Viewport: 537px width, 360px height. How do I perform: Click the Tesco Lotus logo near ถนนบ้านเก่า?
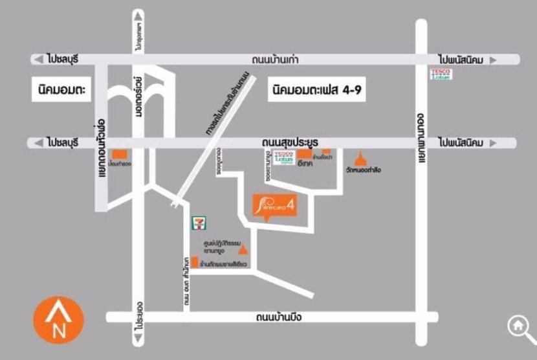tap(442, 74)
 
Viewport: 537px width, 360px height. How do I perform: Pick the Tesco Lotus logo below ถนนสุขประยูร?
tap(283, 157)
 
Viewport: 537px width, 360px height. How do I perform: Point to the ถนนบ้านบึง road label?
tap(279, 317)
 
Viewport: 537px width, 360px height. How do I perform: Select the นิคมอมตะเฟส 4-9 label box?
tap(317, 90)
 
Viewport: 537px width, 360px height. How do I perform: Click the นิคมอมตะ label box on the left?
tap(61, 91)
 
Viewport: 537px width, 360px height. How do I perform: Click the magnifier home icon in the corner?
tap(519, 327)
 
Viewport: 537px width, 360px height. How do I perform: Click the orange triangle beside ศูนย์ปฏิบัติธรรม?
tap(243, 249)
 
